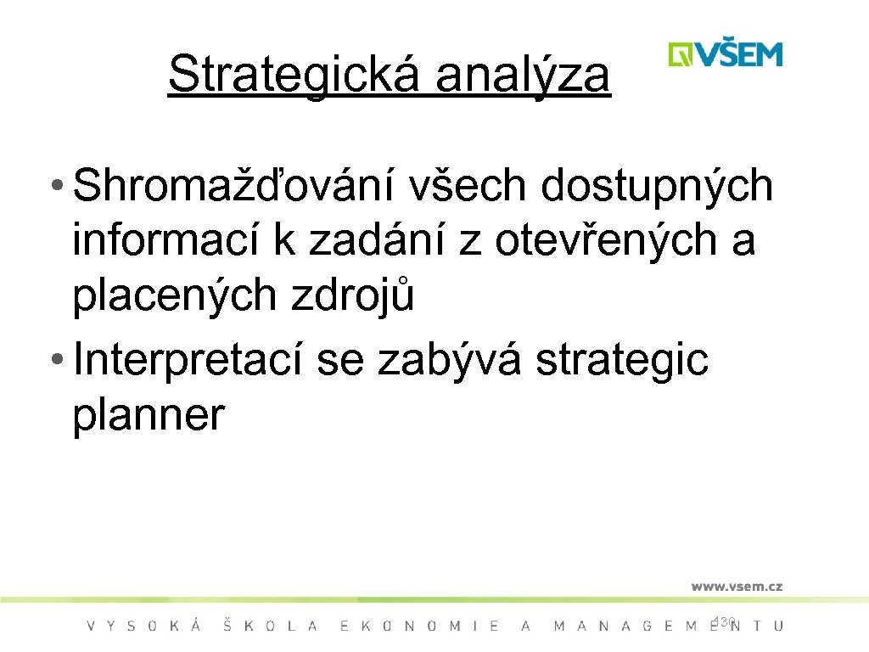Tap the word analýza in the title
[523, 74]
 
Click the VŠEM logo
[725, 54]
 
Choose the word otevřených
[603, 242]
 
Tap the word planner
[149, 415]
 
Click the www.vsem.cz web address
[736, 586]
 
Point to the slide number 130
[724, 622]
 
